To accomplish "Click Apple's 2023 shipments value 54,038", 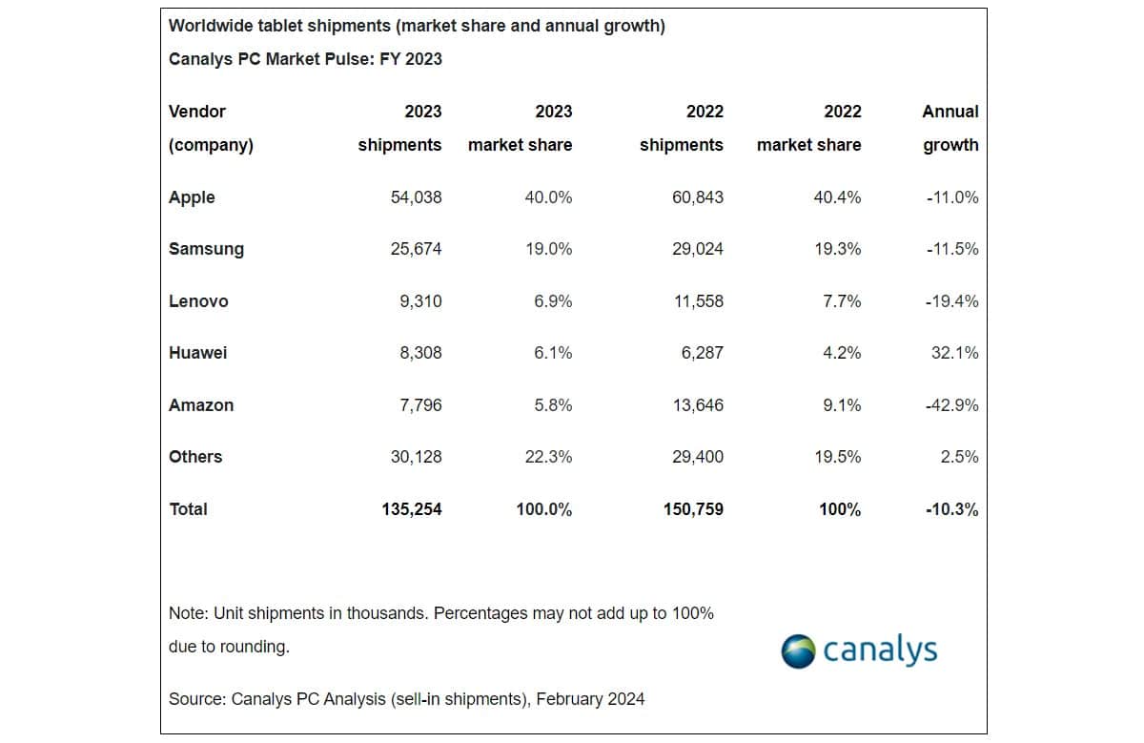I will (x=416, y=197).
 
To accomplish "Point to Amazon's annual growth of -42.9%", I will (x=951, y=405).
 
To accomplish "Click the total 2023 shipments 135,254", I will (x=412, y=509).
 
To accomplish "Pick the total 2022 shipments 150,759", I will (x=693, y=509).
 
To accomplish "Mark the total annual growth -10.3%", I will (x=951, y=509).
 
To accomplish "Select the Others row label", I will (x=195, y=457).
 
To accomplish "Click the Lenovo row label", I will (x=198, y=301).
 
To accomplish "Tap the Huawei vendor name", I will (x=197, y=353).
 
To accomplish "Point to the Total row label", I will (x=188, y=509).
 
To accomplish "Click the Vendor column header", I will (x=197, y=112).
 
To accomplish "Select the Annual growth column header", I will (x=950, y=128).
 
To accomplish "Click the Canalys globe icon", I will (x=798, y=651).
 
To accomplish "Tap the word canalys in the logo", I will (x=880, y=650).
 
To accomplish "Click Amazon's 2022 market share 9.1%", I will (x=841, y=405).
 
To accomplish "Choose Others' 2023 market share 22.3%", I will (x=549, y=457).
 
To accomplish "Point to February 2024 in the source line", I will (x=590, y=699).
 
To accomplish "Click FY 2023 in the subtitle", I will (x=411, y=59).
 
